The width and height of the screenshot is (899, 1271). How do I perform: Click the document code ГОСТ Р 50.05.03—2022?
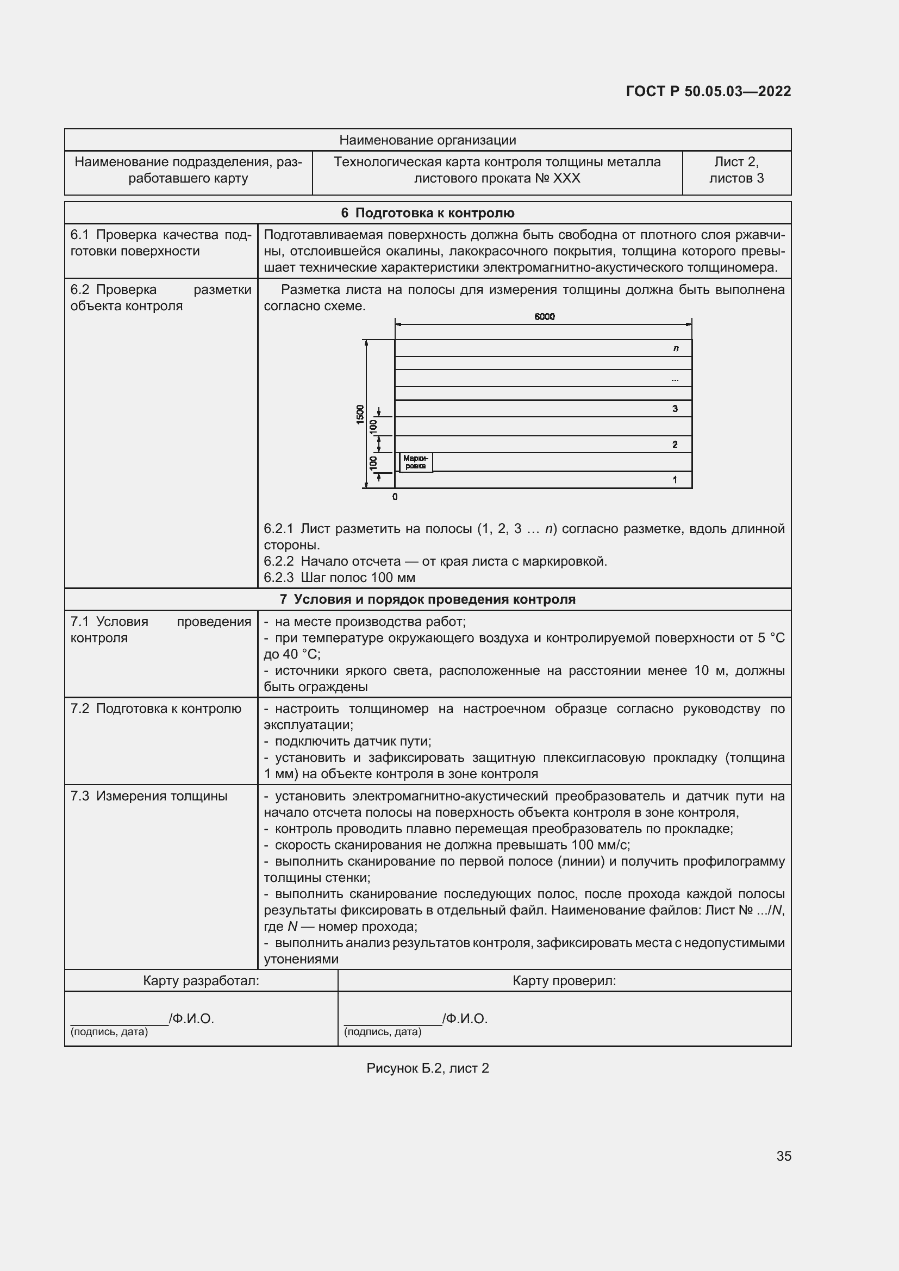(708, 91)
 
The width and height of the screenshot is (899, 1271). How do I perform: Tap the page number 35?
(783, 1156)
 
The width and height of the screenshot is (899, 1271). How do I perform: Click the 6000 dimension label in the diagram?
(544, 317)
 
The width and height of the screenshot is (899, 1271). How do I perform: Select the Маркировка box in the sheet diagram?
(415, 462)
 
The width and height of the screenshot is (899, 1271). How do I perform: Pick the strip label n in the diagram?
(676, 348)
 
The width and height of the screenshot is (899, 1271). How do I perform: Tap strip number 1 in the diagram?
(674, 480)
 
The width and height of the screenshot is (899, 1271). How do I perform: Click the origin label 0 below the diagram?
(395, 497)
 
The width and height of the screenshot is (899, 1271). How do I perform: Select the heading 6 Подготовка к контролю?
(427, 213)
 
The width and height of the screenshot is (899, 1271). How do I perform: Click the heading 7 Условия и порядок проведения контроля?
(427, 599)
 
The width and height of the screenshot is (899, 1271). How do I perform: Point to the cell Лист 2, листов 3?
(736, 170)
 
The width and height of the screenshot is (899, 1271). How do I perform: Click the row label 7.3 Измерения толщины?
(149, 796)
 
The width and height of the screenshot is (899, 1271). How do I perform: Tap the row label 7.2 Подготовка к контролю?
(155, 709)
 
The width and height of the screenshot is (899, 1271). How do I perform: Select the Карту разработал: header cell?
(201, 981)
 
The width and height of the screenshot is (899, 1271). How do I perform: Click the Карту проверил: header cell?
(564, 981)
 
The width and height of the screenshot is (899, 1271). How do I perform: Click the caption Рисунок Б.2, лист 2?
(427, 1068)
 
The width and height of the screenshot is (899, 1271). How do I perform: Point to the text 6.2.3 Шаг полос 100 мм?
(339, 578)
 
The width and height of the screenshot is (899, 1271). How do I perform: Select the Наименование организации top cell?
(427, 140)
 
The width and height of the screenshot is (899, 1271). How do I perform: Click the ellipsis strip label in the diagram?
(674, 379)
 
